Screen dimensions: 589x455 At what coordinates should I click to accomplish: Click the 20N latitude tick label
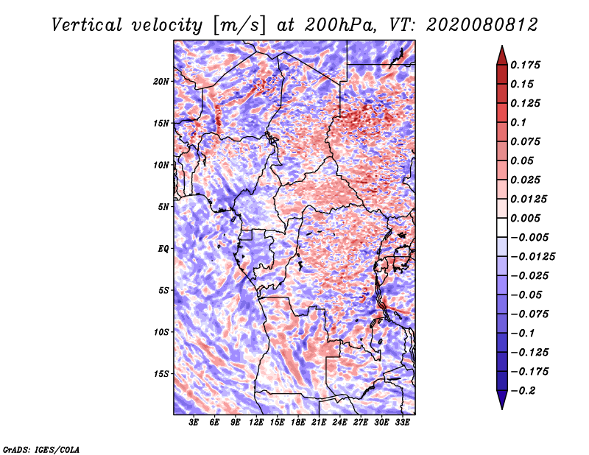coord(161,82)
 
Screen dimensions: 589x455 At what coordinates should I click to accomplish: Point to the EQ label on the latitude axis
coord(163,249)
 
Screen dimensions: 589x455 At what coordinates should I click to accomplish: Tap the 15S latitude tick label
coord(161,374)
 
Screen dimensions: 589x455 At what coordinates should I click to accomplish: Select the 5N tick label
coord(163,207)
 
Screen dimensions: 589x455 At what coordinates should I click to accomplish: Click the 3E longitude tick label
coord(194,422)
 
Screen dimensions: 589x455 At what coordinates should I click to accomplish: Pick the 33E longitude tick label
coord(402,422)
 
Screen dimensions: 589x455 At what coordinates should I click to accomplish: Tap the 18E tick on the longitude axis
coord(298,422)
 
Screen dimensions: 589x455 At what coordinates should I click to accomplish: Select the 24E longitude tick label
coord(339,422)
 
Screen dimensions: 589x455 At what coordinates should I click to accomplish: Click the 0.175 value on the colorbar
coord(525,65)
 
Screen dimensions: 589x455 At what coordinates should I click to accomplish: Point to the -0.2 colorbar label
coord(523,391)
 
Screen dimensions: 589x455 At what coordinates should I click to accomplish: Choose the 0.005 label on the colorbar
coord(525,218)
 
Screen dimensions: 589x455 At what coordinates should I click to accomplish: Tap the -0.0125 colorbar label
coord(532,257)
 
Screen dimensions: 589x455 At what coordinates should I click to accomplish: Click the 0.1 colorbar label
coord(518,122)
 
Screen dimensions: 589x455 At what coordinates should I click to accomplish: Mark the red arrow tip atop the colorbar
coord(502,46)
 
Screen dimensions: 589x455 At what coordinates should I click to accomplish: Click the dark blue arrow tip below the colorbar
coord(502,409)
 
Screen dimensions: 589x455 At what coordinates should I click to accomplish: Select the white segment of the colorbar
coord(502,227)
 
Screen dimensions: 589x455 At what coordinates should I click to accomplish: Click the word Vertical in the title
coord(87,25)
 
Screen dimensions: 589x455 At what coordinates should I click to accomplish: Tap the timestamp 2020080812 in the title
coord(482,25)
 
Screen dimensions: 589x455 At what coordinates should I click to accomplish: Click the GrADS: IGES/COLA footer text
coord(41,449)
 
